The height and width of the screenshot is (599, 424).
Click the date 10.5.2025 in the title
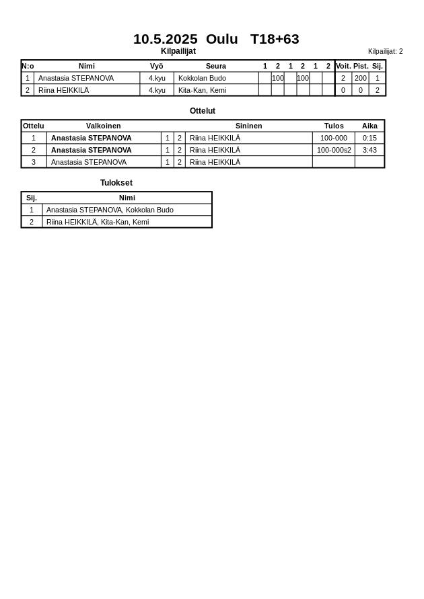tap(165, 39)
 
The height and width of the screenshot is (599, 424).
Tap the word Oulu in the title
tap(221, 39)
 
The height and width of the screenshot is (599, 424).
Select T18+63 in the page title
tap(275, 39)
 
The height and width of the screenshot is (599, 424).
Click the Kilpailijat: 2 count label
tap(385, 51)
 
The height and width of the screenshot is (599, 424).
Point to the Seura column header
tap(215, 66)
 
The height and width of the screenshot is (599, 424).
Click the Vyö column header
tap(156, 66)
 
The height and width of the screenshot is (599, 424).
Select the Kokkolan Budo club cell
tap(202, 78)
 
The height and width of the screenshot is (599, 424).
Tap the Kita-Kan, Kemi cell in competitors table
tap(202, 90)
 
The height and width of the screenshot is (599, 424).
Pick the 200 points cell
tap(361, 78)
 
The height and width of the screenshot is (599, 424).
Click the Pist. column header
tap(361, 66)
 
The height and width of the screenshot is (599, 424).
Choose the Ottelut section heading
tap(203, 111)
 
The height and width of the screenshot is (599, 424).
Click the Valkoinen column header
tap(103, 126)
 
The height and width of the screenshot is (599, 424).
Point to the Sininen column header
tap(248, 126)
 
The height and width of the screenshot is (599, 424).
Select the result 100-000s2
tap(334, 150)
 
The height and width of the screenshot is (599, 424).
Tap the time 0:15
tap(369, 138)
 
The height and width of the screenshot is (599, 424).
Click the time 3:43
tap(369, 150)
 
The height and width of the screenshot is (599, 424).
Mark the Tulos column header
tap(334, 126)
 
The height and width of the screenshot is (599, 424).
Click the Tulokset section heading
tap(116, 183)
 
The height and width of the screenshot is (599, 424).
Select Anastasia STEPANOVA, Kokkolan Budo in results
tap(110, 210)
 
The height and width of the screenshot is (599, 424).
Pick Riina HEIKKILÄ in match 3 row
tap(215, 162)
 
